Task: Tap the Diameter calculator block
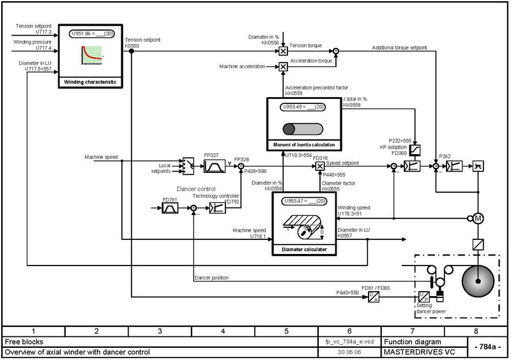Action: point(304,223)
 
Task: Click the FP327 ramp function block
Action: point(213,167)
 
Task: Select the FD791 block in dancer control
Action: point(171,209)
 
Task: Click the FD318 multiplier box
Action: point(320,167)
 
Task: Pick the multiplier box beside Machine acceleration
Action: point(283,66)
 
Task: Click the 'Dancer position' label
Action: point(211,278)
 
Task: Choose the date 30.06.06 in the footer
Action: point(347,352)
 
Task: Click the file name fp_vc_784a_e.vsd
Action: point(347,341)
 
